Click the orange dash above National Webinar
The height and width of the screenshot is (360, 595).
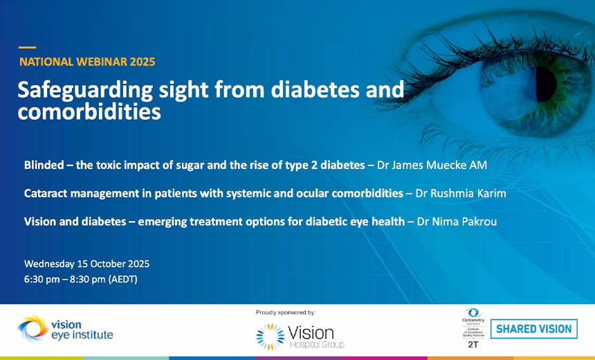coord(27,47)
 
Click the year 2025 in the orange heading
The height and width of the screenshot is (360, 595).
coord(141,62)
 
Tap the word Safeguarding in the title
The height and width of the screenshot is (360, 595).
coord(79,91)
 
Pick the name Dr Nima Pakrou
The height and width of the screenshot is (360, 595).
coord(457,222)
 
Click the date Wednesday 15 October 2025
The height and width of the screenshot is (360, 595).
coord(86,264)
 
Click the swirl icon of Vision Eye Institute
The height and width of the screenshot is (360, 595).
coord(32,329)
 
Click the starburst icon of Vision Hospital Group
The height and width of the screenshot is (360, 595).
coord(269,336)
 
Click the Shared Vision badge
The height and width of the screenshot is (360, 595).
coord(534,329)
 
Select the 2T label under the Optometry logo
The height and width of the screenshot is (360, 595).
coord(473,344)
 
